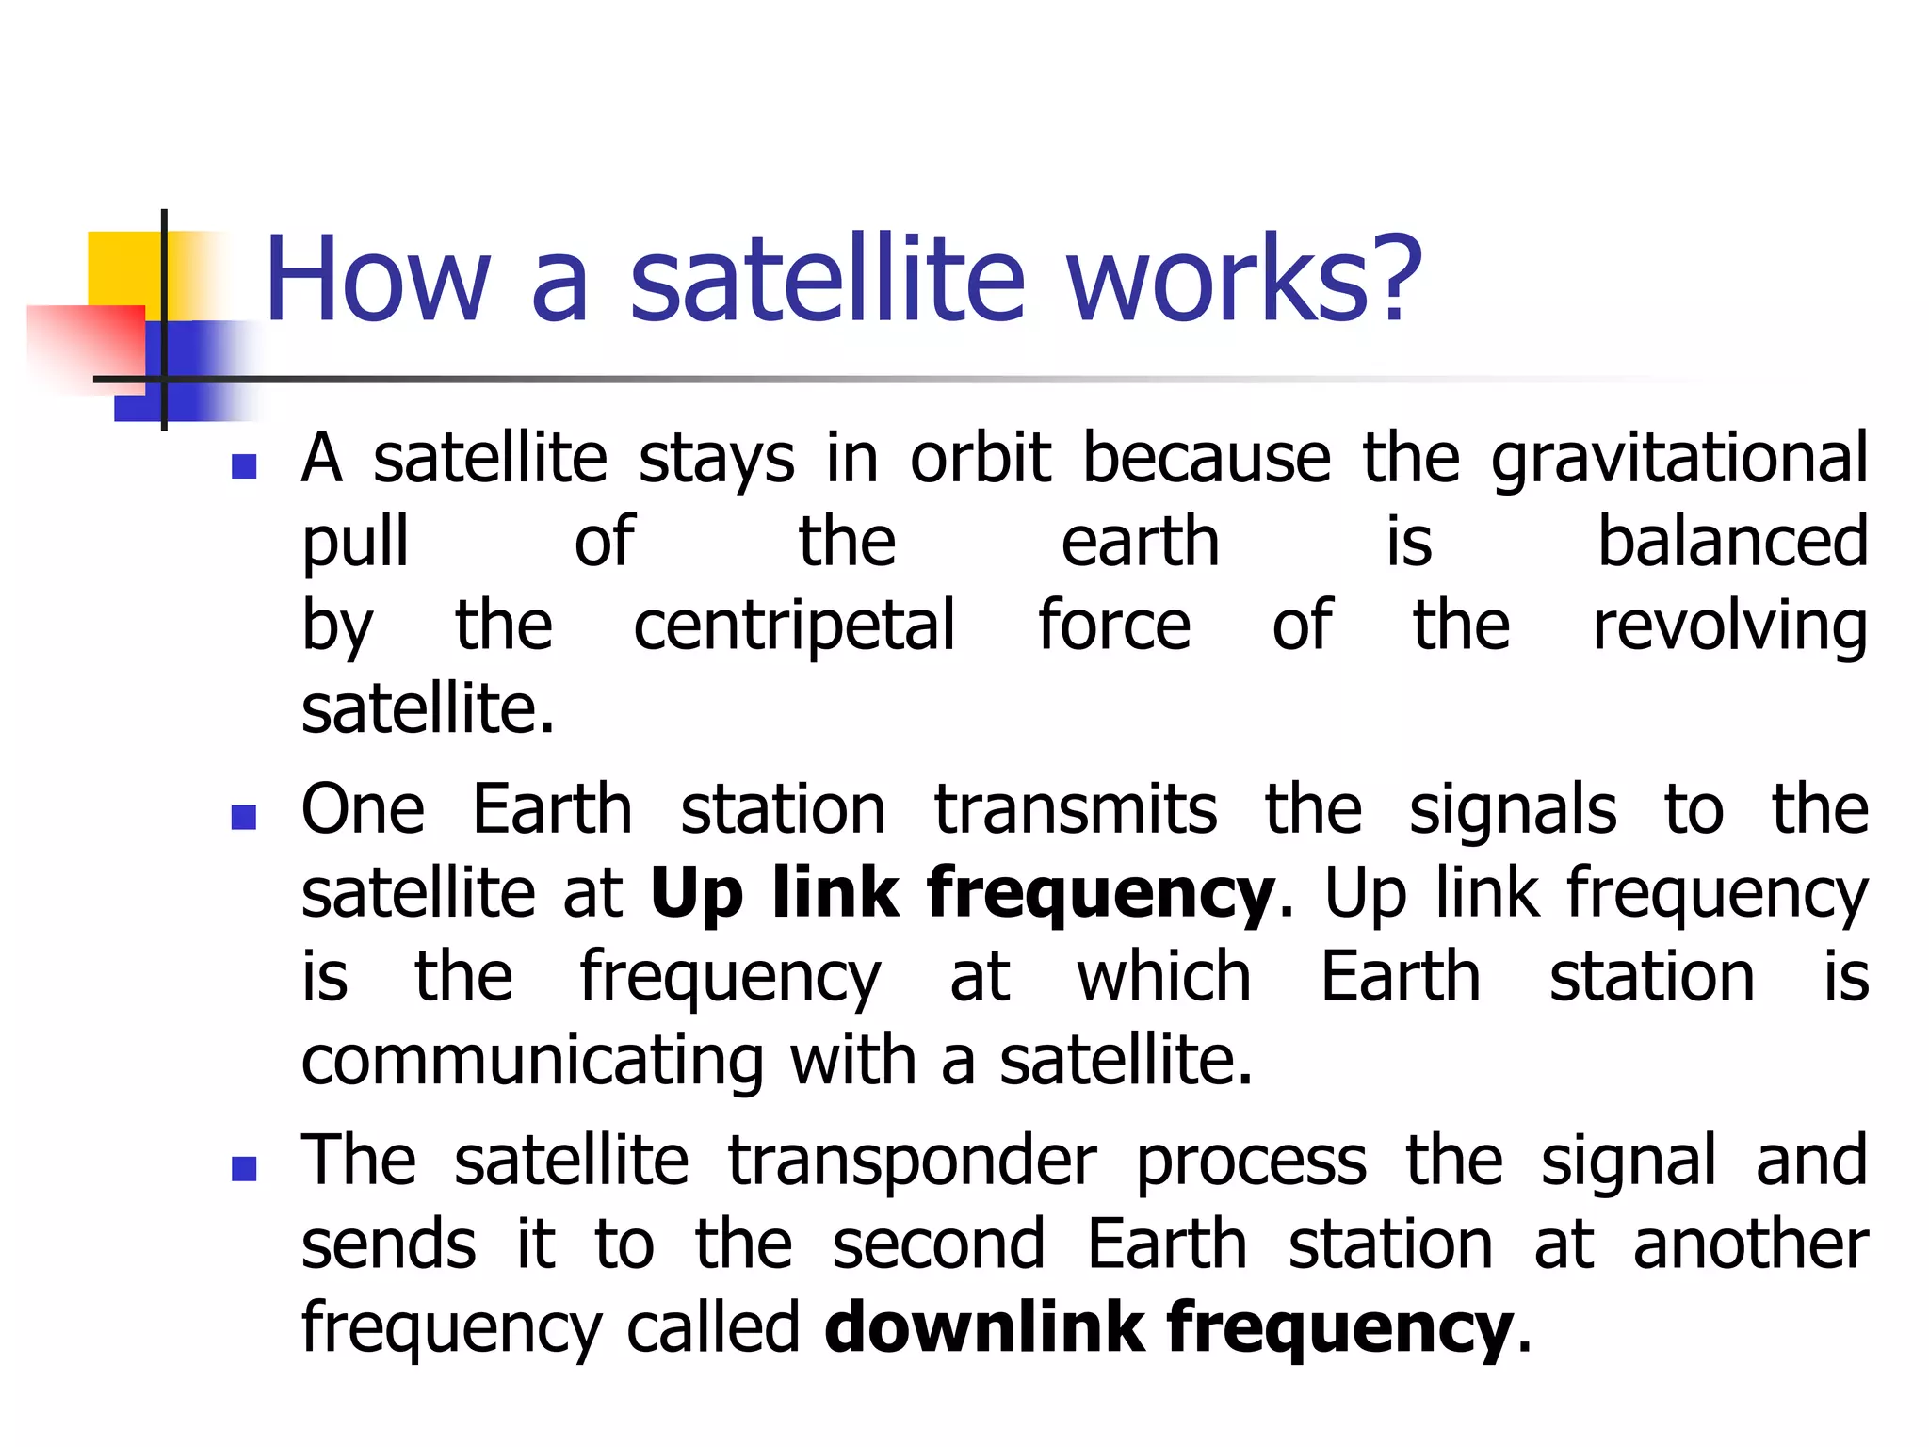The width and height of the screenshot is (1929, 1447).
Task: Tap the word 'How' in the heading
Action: coord(378,280)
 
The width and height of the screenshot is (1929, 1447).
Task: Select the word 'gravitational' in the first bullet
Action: coord(1678,459)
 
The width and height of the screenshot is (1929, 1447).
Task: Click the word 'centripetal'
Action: coord(794,626)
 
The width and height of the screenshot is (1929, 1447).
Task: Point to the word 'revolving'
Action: coord(1729,626)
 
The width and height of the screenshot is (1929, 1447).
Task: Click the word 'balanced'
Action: coord(1732,543)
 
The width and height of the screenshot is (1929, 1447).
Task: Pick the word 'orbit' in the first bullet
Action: coord(980,459)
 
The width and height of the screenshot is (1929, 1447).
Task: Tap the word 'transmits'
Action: coord(1075,810)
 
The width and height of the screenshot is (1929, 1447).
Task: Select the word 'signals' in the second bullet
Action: coord(1512,810)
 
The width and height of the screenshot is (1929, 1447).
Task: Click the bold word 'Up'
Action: coord(696,894)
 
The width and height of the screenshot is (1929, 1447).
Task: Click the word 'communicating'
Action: coord(532,1062)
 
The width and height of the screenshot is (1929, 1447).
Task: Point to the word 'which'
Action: coord(1164,977)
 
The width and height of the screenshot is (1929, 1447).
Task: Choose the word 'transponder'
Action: coord(912,1162)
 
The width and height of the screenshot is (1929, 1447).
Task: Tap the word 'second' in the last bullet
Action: coord(938,1244)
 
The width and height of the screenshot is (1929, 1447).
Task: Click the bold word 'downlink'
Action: coord(984,1327)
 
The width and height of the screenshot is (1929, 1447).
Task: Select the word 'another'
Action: coord(1750,1244)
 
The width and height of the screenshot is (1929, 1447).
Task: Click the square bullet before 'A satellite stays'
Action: coord(244,466)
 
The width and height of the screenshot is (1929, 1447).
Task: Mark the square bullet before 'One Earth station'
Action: coord(244,817)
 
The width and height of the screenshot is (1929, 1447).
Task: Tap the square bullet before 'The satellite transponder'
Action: coord(244,1168)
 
